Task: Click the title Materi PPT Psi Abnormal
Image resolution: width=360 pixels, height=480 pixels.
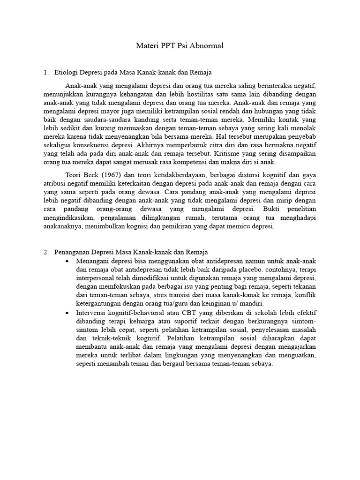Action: [x=180, y=46]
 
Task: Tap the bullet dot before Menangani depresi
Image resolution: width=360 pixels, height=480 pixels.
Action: [x=68, y=261]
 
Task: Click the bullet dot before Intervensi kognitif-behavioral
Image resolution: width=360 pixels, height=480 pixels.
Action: [x=68, y=313]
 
